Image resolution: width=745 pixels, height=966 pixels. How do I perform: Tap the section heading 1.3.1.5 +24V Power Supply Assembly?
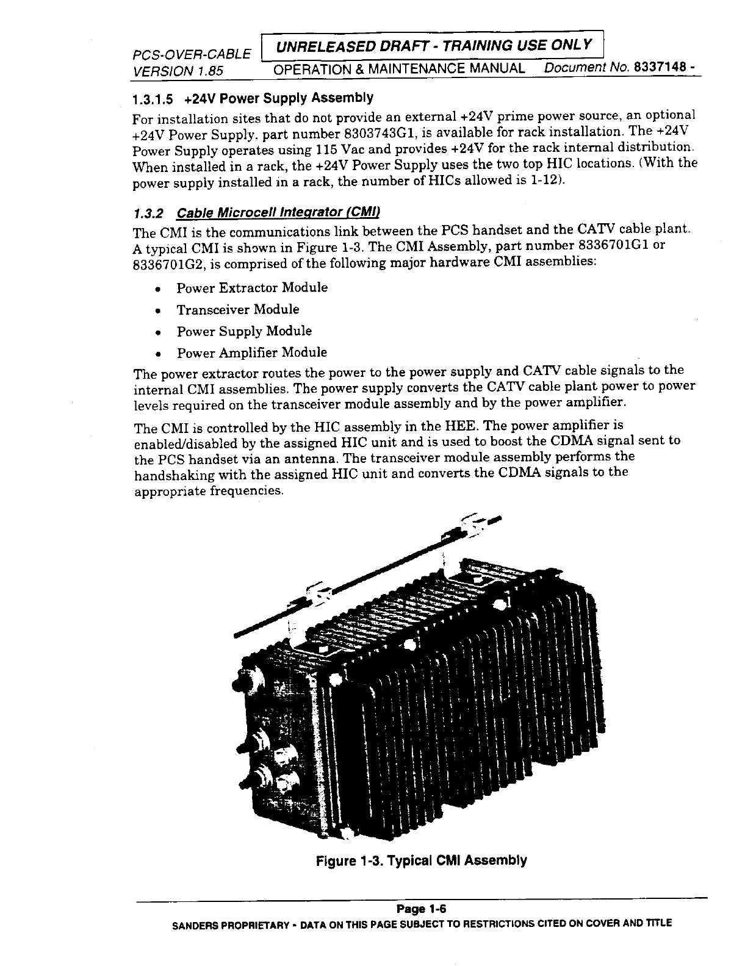click(x=253, y=98)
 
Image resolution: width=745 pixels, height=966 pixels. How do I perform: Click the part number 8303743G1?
click(x=375, y=132)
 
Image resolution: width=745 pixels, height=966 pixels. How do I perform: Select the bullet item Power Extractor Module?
click(x=252, y=288)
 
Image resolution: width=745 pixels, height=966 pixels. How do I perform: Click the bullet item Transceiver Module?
click(x=238, y=310)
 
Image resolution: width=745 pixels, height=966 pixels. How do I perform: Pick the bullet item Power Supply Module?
click(x=244, y=331)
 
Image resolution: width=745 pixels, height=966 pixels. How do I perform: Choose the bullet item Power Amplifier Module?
click(x=251, y=353)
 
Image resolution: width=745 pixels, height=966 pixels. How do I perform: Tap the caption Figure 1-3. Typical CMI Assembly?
click(x=421, y=860)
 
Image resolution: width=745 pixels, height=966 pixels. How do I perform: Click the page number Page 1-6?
click(x=422, y=909)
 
